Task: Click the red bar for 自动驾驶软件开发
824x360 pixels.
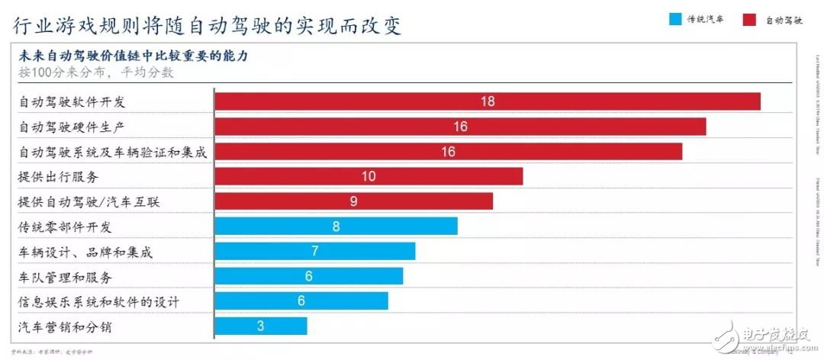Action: tap(488, 101)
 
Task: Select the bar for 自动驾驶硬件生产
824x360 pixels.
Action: tap(460, 127)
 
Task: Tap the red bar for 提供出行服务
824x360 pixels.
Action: tap(369, 176)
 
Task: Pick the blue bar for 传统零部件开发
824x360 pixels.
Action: tap(336, 227)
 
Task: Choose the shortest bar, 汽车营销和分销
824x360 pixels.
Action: tap(261, 326)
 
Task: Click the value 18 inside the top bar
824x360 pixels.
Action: tap(488, 101)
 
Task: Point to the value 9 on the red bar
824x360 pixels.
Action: tap(354, 201)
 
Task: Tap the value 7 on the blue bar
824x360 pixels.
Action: tap(314, 252)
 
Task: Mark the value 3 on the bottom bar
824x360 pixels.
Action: tap(261, 326)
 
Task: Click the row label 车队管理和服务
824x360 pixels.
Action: tap(65, 277)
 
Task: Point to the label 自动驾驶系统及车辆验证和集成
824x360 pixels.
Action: tap(112, 152)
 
